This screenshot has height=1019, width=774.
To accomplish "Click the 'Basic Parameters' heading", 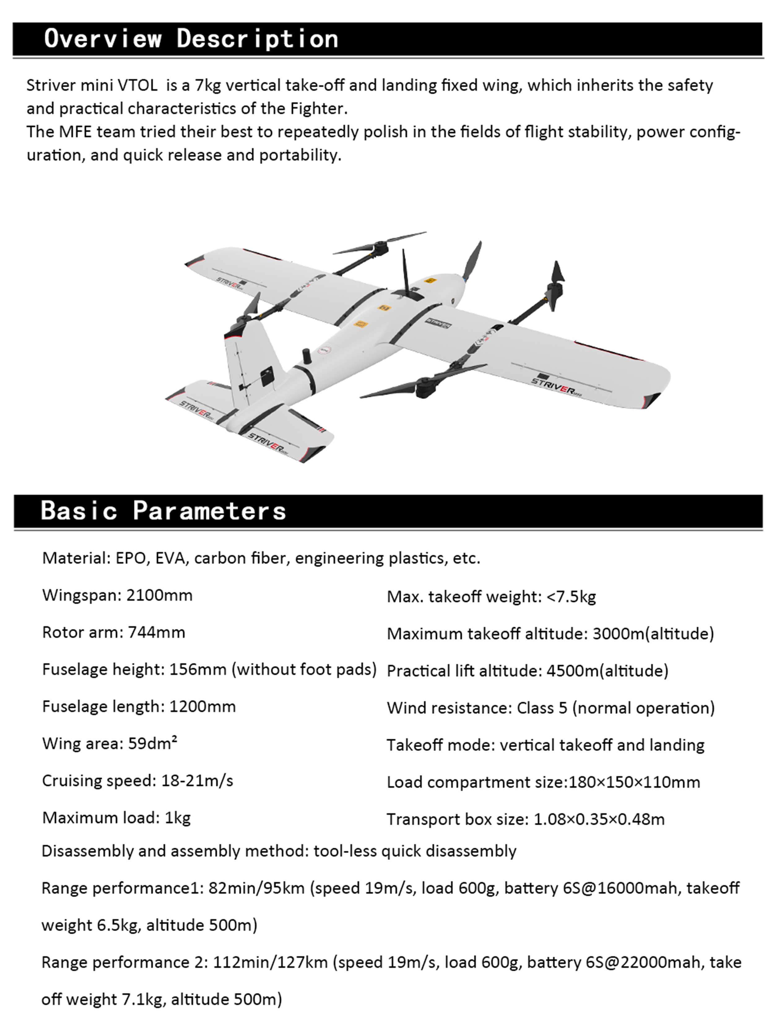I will [163, 511].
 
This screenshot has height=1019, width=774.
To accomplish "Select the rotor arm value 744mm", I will [157, 633].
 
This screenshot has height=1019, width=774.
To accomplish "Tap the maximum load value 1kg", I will [178, 818].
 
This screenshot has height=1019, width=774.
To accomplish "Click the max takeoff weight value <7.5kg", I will [571, 597].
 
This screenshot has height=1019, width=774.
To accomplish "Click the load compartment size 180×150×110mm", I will [634, 782].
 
